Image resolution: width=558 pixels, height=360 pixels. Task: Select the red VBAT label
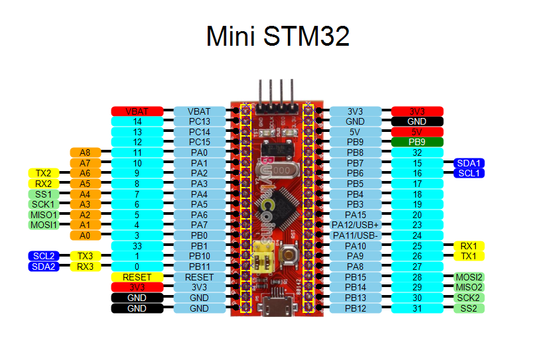137,111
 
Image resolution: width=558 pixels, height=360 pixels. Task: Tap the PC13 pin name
199,122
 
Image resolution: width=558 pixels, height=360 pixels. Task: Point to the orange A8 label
85,152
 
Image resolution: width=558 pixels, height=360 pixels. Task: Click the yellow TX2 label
44,173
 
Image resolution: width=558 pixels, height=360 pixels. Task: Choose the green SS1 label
44,194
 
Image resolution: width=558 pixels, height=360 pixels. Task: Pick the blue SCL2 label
44,256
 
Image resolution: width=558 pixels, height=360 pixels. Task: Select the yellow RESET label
137,277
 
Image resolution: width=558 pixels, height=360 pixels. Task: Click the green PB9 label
417,142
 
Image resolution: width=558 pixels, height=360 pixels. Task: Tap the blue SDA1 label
468,163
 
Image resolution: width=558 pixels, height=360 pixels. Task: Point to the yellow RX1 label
468,246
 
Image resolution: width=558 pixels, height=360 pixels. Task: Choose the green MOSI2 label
468,277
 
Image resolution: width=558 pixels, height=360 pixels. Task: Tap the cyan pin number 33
137,246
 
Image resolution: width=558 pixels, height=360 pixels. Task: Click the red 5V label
417,132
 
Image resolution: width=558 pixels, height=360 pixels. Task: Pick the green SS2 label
468,308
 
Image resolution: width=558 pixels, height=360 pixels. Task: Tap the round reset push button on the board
289,255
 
